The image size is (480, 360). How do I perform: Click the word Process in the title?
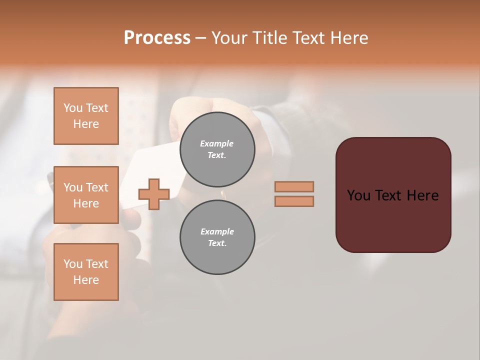tap(157, 38)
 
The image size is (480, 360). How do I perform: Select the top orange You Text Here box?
tap(86, 116)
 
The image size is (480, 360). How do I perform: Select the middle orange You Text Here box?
tap(86, 195)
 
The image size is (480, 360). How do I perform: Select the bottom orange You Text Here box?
tap(86, 272)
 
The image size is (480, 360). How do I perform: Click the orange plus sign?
tap(154, 194)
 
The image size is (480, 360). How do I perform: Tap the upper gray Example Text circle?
tap(217, 149)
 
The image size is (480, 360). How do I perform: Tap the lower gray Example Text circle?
tap(217, 237)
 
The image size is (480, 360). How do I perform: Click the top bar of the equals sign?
tap(294, 186)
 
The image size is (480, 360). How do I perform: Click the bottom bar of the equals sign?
tap(294, 201)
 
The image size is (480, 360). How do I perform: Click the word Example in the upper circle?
tap(217, 143)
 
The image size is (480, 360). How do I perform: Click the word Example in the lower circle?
tap(217, 231)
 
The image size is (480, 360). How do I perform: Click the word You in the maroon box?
tap(358, 195)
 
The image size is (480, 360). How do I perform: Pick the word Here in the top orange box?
tap(86, 124)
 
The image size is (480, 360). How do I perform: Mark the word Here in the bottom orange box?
tap(86, 280)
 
